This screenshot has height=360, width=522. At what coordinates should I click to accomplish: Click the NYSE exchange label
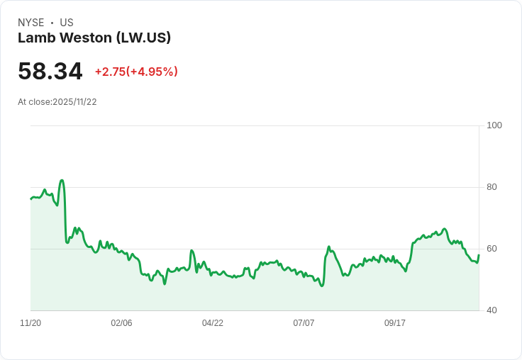31,23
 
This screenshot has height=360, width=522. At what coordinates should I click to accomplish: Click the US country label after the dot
67,23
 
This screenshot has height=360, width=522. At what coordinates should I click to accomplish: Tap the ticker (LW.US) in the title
143,38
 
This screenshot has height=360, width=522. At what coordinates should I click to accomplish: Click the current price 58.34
50,72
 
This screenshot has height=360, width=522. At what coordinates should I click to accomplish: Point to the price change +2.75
110,72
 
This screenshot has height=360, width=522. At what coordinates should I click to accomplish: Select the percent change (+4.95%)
152,72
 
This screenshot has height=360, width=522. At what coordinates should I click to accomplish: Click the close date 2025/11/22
74,102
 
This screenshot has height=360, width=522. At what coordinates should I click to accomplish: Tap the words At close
34,102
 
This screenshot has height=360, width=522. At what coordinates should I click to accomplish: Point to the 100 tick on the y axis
494,125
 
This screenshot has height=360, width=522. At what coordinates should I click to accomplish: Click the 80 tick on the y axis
492,187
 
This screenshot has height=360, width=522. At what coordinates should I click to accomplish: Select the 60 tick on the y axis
492,249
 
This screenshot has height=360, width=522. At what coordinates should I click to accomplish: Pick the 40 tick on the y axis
492,310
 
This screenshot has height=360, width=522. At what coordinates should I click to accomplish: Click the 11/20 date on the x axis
30,323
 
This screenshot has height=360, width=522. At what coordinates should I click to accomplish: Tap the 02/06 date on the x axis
121,323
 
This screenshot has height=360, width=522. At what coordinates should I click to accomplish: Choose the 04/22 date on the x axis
213,323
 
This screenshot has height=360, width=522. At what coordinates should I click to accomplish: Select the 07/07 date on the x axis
304,323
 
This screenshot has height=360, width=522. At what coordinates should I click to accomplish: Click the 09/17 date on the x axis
395,323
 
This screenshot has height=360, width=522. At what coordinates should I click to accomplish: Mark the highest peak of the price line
62,180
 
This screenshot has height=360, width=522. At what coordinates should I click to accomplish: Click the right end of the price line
479,255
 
